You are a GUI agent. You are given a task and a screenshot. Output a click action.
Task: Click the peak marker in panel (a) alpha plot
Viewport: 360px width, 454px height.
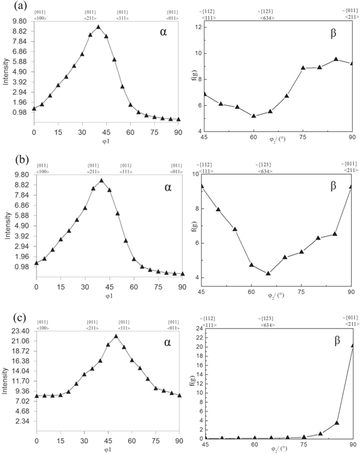(x=99, y=27)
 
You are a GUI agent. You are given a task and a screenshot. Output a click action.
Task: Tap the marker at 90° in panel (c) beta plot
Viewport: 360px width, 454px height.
(x=352, y=345)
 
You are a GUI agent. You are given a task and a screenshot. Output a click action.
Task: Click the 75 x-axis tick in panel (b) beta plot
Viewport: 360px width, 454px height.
(x=302, y=291)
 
